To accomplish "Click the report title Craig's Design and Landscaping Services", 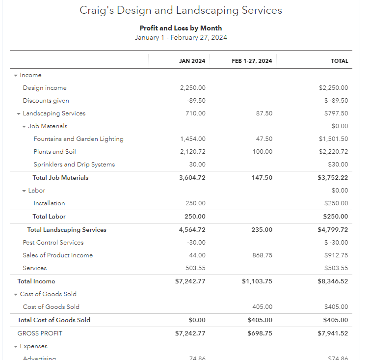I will click(x=181, y=10).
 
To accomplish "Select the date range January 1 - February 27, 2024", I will click(x=181, y=37).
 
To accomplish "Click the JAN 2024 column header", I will click(x=192, y=61).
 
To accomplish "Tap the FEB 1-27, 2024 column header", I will click(x=252, y=61).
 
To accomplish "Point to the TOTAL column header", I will click(x=340, y=61).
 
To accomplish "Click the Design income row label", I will click(x=45, y=88).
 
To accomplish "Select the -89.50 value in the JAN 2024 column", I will click(x=196, y=101).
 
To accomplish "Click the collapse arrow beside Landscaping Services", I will click(x=19, y=114).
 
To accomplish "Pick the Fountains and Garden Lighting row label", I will click(x=79, y=139).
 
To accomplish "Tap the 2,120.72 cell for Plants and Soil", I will click(x=192, y=152).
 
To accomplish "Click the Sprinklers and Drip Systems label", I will click(x=74, y=165).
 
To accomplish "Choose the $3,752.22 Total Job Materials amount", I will click(x=333, y=178).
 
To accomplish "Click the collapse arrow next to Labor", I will click(x=24, y=191).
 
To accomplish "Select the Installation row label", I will click(x=49, y=203).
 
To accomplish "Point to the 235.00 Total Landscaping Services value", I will click(x=262, y=230).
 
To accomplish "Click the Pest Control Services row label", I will click(x=53, y=243).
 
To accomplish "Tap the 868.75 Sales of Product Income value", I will click(x=262, y=255).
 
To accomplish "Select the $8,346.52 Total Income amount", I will click(x=333, y=281).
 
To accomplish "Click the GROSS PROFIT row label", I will click(x=40, y=333).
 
